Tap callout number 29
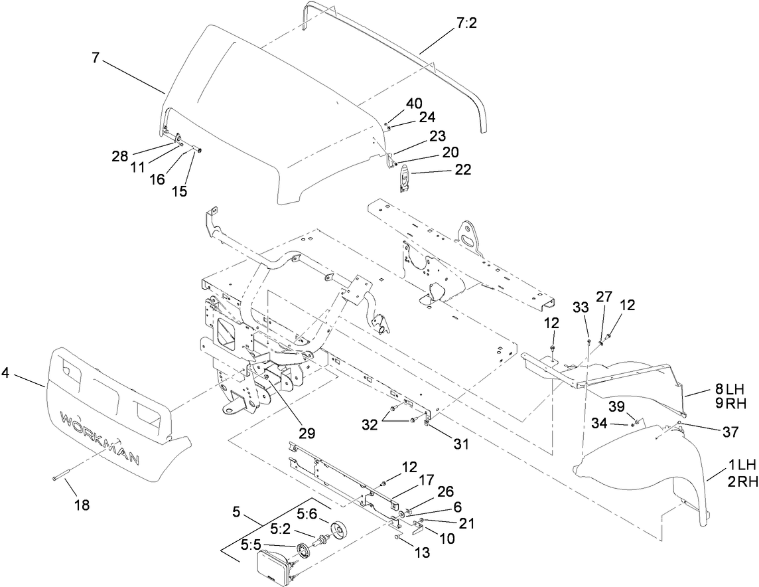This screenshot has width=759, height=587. click(307, 433)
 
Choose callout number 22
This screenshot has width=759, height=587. click(462, 169)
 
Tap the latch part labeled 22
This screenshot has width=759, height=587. click(403, 180)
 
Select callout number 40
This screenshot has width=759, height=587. click(413, 104)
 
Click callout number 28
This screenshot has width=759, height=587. click(119, 157)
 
